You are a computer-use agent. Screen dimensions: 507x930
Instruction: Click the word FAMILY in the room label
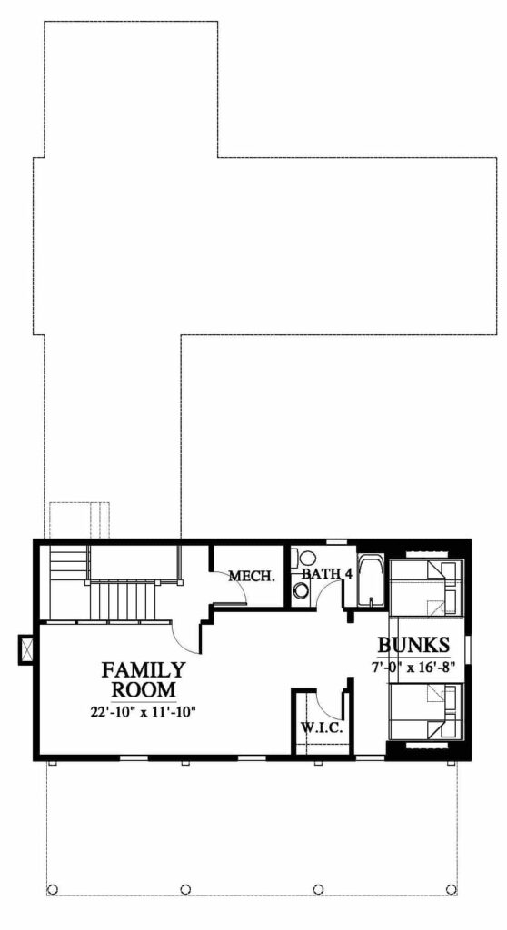click(x=143, y=669)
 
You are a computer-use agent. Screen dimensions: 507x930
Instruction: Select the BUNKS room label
click(x=413, y=644)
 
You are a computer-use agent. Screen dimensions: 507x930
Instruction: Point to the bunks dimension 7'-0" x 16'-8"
click(x=413, y=666)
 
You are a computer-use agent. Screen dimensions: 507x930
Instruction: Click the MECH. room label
click(x=252, y=575)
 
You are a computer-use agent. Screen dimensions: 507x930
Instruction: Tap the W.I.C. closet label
click(x=322, y=728)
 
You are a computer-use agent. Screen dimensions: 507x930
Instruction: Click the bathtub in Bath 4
click(x=371, y=580)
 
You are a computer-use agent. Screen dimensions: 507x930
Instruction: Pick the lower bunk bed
click(x=425, y=710)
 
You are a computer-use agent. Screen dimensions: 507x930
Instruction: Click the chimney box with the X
click(x=27, y=648)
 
